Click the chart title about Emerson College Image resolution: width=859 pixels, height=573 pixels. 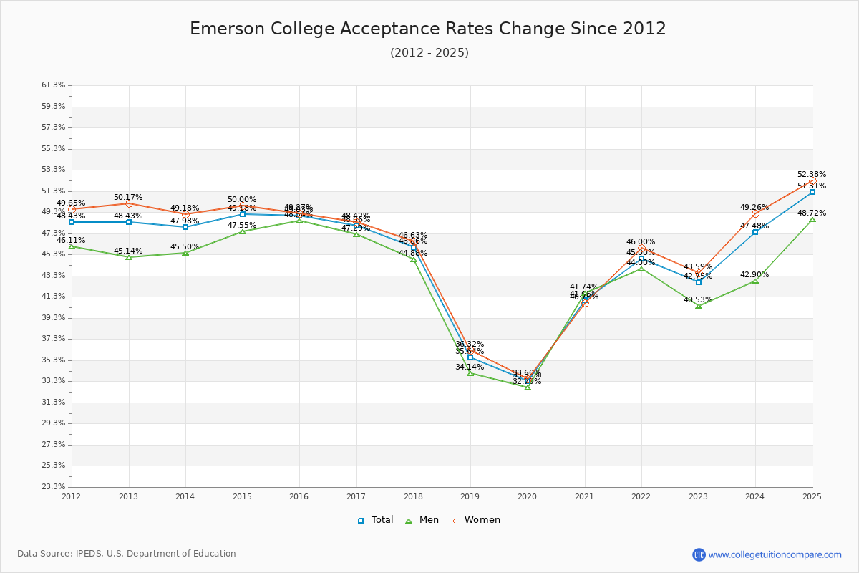point(428,29)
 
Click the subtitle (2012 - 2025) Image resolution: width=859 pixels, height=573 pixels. point(429,53)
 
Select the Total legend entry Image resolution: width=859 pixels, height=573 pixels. point(375,520)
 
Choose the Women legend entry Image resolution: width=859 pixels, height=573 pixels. point(475,520)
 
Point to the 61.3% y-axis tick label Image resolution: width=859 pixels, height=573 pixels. point(54,85)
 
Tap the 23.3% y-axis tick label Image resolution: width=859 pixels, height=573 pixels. point(54,487)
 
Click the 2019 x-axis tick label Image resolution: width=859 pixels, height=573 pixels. point(470,496)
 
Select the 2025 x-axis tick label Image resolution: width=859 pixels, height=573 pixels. point(812,496)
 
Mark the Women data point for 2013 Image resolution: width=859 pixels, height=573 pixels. point(129,203)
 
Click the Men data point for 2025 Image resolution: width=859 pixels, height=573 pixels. point(812,219)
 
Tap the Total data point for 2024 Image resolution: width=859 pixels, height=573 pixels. point(755,232)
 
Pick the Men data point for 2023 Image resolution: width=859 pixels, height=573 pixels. point(699,306)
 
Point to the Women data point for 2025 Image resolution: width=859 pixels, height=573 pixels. point(812,181)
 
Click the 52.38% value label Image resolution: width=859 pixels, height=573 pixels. point(812,175)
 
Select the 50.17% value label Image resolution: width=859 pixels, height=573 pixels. point(128,198)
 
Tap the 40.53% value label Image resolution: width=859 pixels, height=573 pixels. point(698,300)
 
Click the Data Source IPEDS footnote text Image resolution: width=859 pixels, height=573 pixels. point(127,554)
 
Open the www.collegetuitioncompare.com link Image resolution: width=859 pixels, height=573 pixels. point(775,554)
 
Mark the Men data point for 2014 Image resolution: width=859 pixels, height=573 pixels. point(185,253)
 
